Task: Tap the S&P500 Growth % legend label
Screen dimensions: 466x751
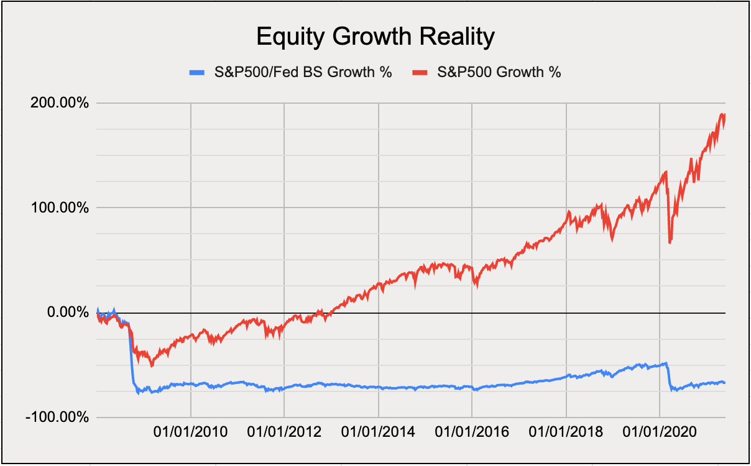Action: click(x=499, y=72)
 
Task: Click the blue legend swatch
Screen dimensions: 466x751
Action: click(x=196, y=73)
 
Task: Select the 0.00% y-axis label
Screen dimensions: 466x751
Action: click(x=66, y=312)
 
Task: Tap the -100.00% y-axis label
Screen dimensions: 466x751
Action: click(x=57, y=417)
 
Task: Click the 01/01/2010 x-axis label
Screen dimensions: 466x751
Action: click(x=190, y=431)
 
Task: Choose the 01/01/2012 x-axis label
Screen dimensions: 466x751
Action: click(x=284, y=431)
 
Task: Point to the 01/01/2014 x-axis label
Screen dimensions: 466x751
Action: click(x=378, y=431)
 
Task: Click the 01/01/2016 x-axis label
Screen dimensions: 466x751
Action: click(x=472, y=431)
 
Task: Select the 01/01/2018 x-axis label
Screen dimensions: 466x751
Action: click(x=566, y=431)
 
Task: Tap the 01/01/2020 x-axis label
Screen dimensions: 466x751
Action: click(x=659, y=431)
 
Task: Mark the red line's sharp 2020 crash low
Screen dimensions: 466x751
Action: click(x=670, y=242)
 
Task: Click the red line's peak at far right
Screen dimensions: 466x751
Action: click(x=722, y=114)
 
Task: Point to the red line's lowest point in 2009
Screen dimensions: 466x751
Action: click(x=152, y=365)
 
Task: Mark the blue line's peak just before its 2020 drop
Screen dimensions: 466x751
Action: click(x=666, y=363)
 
